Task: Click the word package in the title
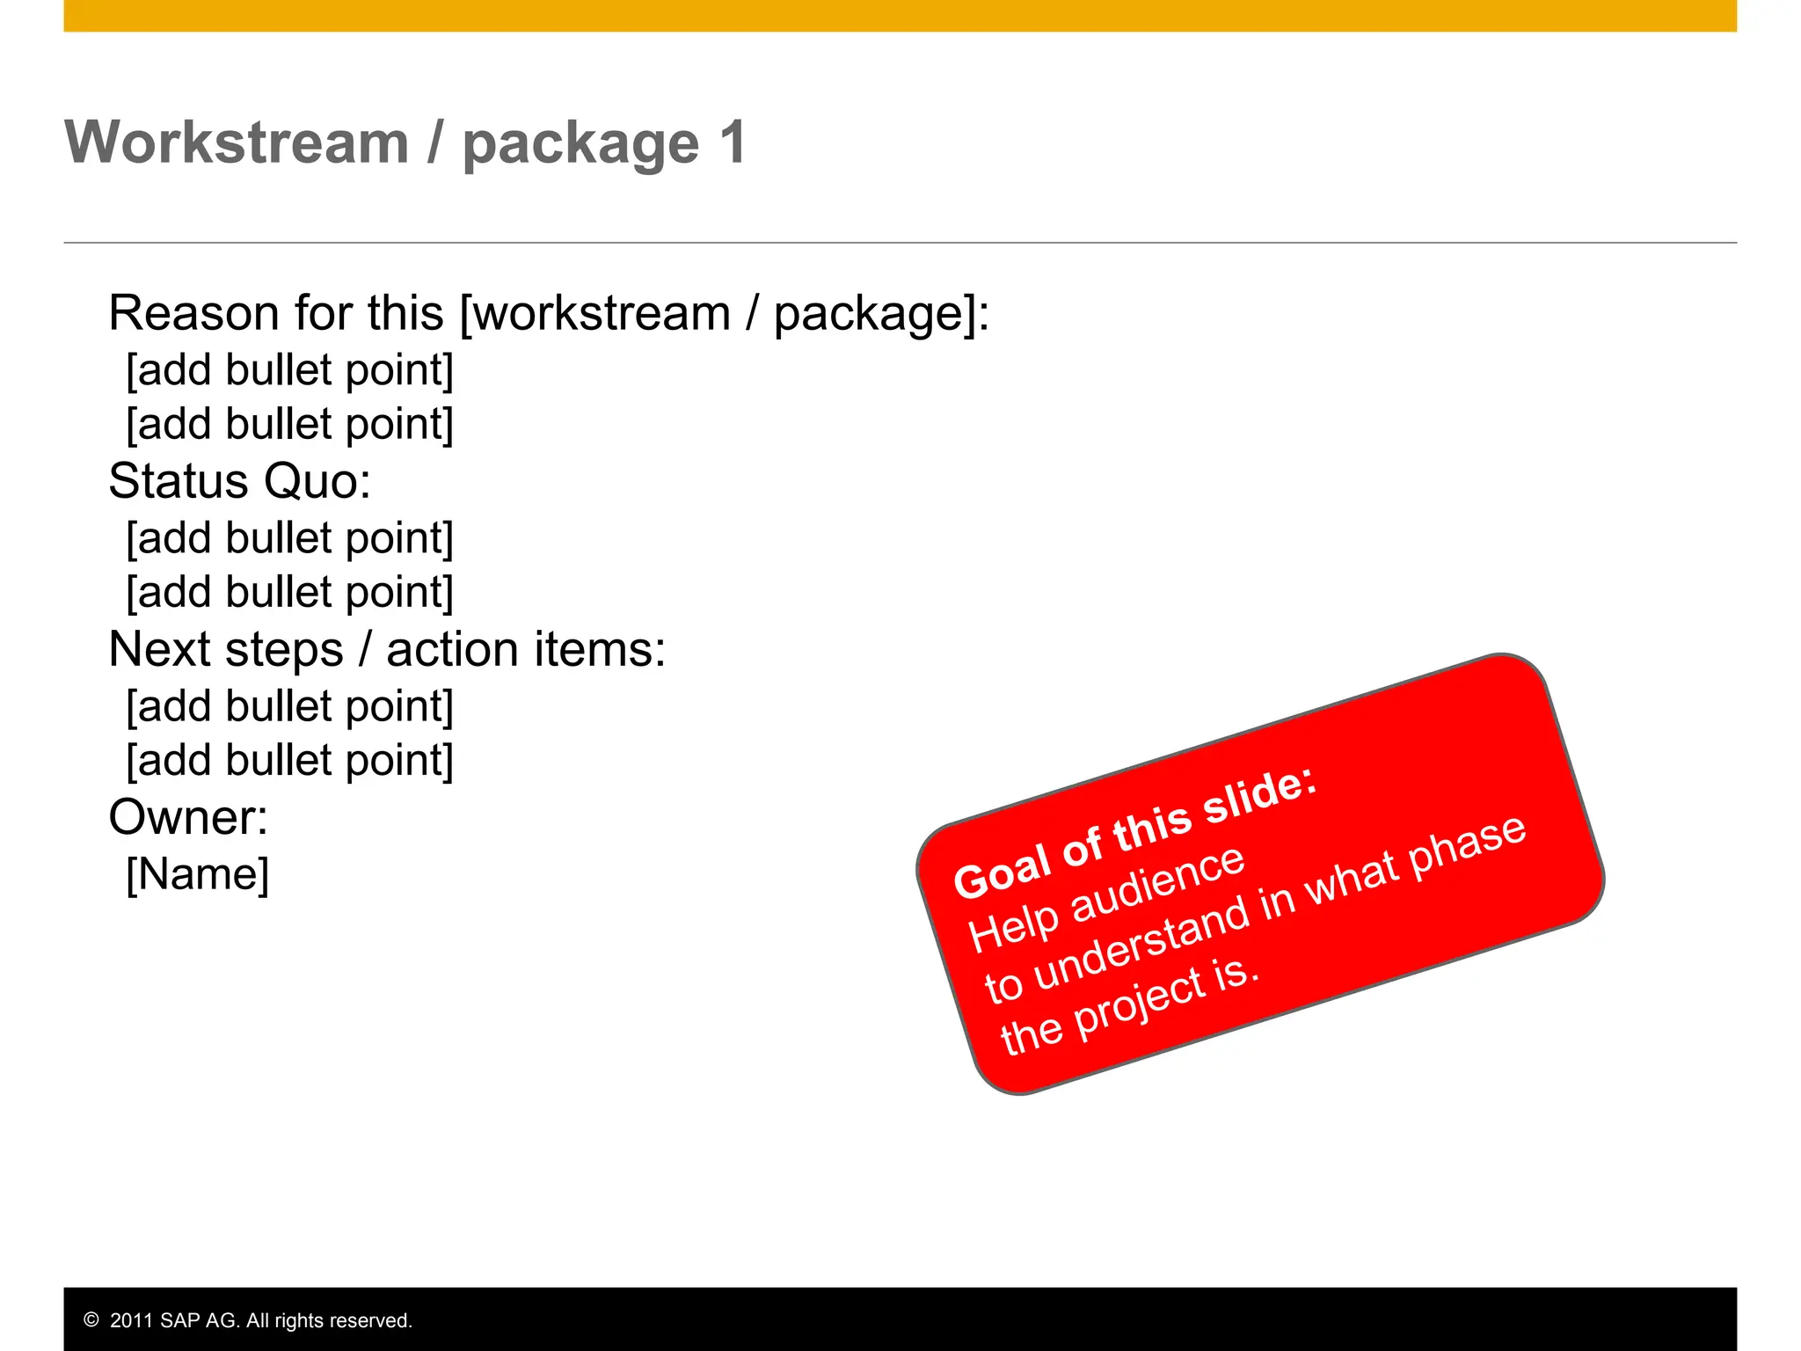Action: (x=580, y=145)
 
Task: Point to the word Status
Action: (x=179, y=481)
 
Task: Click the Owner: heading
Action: (x=188, y=817)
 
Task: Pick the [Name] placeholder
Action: (x=198, y=874)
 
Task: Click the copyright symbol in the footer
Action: (x=91, y=1320)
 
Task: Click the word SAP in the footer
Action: (x=180, y=1320)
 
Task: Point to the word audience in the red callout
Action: (x=1159, y=886)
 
